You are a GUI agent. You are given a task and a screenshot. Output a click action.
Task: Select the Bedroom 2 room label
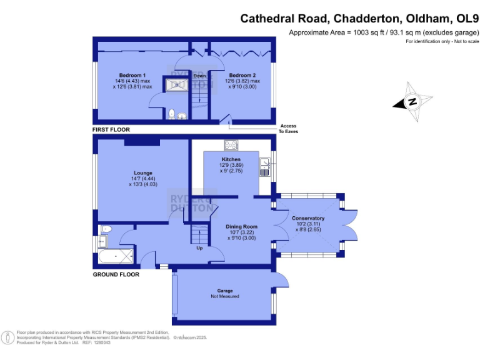tap(242, 76)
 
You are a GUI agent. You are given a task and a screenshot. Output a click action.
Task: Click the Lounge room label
tap(143, 172)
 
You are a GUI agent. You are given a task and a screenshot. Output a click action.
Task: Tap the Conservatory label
tap(308, 218)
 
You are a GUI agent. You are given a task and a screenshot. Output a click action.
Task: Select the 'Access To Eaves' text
tap(288, 129)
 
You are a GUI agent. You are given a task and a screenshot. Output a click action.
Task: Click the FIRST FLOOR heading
tap(111, 130)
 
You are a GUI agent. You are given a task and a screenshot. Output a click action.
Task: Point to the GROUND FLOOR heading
tap(116, 274)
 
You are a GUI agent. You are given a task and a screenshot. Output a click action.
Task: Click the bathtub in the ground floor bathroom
tap(116, 256)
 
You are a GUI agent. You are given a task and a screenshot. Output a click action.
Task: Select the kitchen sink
tap(266, 165)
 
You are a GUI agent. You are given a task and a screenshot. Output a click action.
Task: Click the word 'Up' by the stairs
tap(200, 248)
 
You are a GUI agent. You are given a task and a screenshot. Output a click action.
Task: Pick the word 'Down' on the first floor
tap(199, 76)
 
